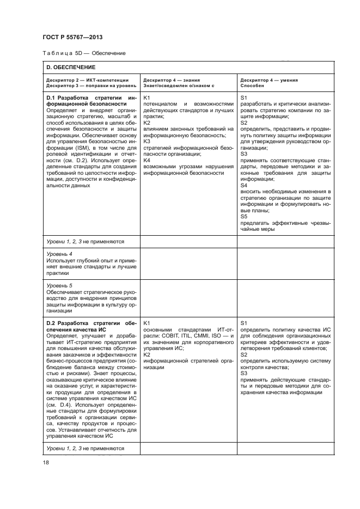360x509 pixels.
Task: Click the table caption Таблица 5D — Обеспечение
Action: [x=84, y=53]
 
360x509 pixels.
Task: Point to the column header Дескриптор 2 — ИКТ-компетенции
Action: [x=88, y=79]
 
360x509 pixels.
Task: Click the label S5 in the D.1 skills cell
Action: [x=243, y=216]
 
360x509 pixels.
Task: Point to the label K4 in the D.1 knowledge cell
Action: [x=147, y=160]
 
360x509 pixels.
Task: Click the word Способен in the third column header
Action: [x=252, y=86]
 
